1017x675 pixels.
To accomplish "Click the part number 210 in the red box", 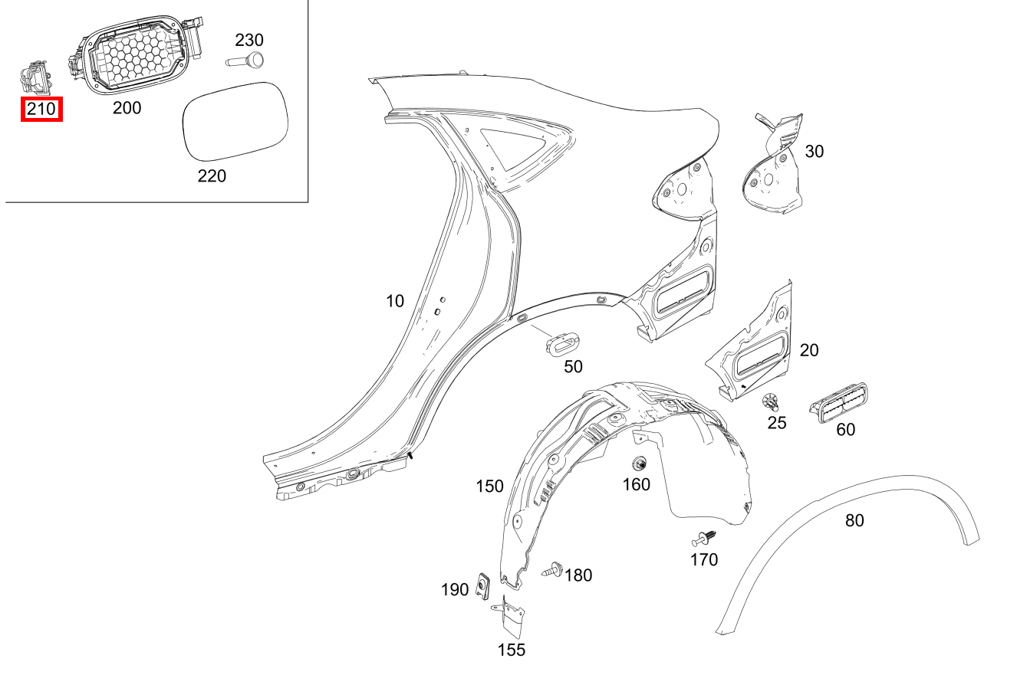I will point(41,109).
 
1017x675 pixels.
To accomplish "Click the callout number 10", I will point(394,301).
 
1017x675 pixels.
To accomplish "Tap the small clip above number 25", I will point(772,401).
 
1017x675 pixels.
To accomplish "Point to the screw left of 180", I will point(553,570).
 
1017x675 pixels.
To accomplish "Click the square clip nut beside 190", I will point(484,587).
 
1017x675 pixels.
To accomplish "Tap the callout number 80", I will point(854,520).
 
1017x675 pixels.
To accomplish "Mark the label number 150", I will point(489,486).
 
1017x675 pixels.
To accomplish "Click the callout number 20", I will point(808,350).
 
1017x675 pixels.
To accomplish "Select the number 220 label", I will point(212,176).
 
